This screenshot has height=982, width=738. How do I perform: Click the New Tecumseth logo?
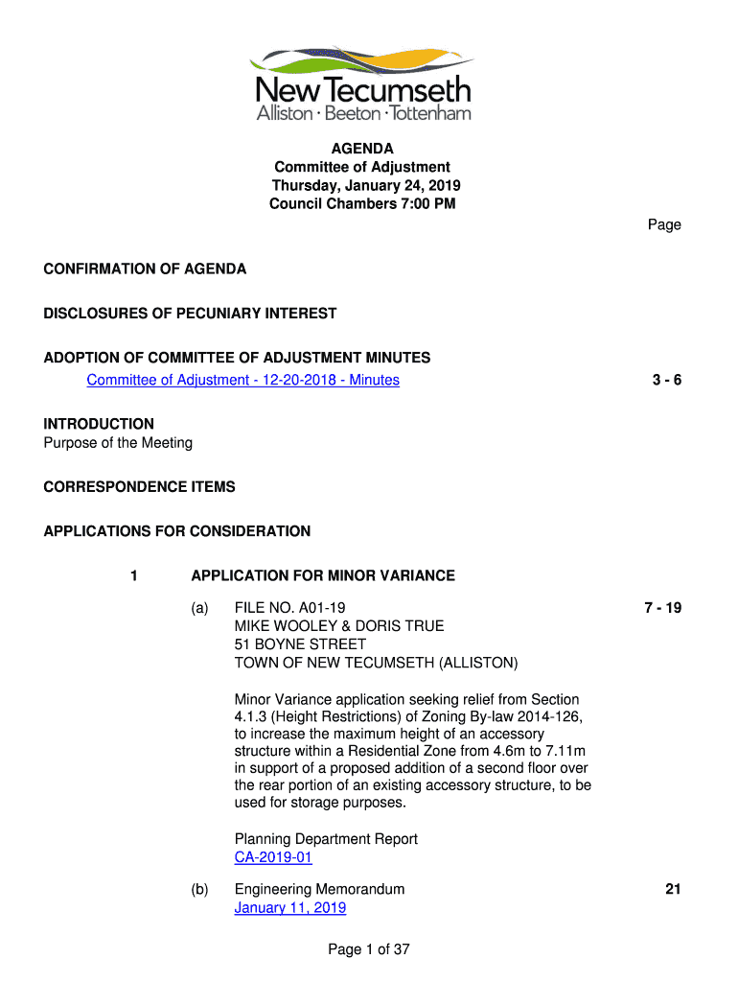362,84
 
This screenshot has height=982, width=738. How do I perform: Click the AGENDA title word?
362,149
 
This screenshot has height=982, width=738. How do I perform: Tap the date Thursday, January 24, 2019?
366,185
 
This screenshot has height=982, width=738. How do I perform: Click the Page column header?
664,225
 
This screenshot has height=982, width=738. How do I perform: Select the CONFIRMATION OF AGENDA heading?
145,269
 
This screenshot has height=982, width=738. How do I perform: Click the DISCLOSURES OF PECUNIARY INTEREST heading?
190,314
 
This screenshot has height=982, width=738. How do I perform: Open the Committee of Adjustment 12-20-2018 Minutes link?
242,381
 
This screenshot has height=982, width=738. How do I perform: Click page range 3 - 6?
666,381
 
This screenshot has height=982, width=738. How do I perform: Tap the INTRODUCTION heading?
99,424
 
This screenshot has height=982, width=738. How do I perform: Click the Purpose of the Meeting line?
118,443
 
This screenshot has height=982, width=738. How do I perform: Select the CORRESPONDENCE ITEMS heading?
139,487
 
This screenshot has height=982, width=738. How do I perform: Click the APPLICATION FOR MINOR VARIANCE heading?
323,576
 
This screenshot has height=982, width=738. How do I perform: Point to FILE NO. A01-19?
289,608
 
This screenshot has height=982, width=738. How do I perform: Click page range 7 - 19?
662,608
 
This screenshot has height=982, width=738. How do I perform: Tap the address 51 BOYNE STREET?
300,644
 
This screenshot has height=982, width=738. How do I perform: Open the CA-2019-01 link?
273,858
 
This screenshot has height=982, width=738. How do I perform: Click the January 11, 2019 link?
290,908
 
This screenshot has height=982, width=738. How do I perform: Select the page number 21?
673,890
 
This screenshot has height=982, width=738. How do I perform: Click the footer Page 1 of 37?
369,950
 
